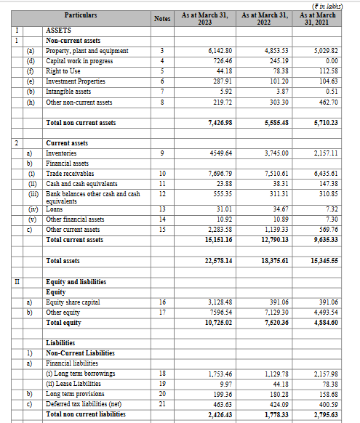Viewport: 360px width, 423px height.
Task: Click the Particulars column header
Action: [x=80, y=15]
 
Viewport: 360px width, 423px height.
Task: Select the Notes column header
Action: [x=162, y=18]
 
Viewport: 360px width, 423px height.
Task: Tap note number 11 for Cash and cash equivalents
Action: [x=162, y=185]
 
